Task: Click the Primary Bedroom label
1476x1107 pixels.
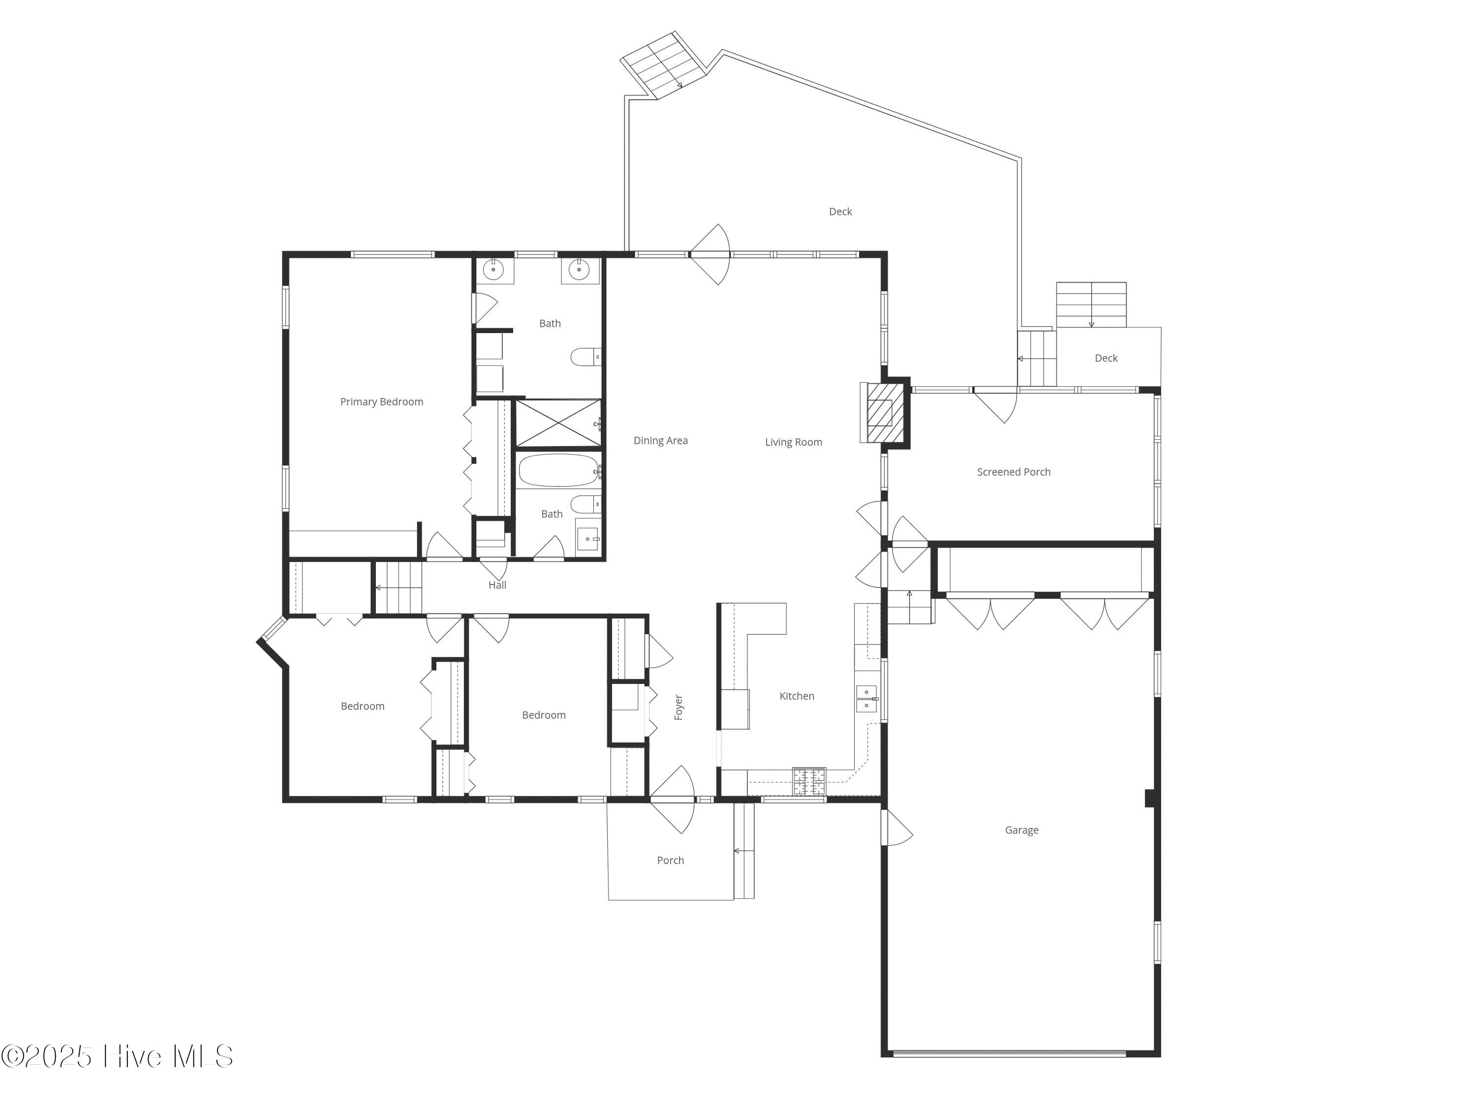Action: tap(382, 401)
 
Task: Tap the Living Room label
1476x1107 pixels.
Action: tap(794, 442)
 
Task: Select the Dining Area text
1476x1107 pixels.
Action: tap(661, 440)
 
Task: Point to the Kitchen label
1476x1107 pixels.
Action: tap(797, 696)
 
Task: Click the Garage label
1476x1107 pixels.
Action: tap(1021, 830)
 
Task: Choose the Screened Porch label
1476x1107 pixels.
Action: tap(1014, 472)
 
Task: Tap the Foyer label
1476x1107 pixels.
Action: tap(678, 707)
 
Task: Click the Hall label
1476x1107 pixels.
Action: tap(497, 585)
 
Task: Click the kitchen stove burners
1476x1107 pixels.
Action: tap(809, 781)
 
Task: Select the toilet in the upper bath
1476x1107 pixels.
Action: tap(585, 357)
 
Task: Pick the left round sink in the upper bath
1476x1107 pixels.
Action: tap(493, 270)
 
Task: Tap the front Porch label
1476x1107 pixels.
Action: tap(671, 860)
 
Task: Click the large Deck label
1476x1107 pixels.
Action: tap(840, 212)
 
